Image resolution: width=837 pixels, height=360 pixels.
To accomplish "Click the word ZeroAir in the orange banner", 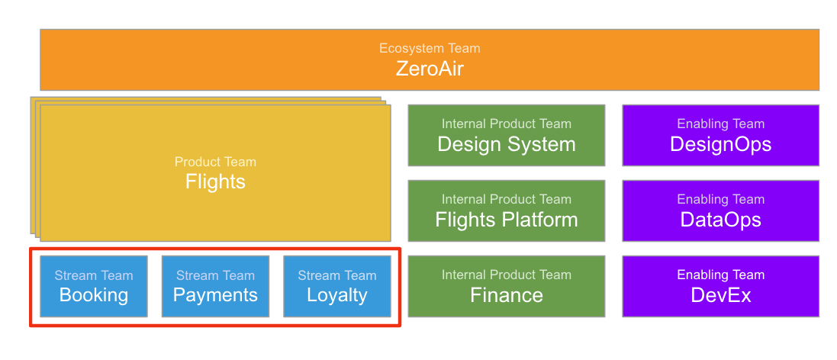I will click(x=430, y=69).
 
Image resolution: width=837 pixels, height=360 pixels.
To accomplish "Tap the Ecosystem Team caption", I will click(x=430, y=48).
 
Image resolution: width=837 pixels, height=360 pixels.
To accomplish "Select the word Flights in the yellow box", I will click(x=215, y=182).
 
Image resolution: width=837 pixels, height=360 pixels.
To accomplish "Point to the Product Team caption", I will click(x=215, y=162).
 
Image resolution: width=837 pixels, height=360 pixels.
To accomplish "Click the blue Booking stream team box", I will click(x=94, y=286).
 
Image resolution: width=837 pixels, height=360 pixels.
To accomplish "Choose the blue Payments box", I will click(x=215, y=286).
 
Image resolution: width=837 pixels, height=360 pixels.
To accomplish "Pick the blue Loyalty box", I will click(x=337, y=286).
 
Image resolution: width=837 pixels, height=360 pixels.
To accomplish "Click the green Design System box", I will click(x=507, y=135).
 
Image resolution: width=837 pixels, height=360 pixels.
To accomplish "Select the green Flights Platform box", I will click(x=507, y=211).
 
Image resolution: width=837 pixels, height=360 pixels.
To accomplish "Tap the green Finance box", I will click(x=507, y=286).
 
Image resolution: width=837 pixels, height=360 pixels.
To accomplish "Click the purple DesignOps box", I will click(x=721, y=135).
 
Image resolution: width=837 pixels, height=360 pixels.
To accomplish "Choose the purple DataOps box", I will click(x=721, y=211).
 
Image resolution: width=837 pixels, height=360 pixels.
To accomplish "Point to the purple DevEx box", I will click(x=721, y=286).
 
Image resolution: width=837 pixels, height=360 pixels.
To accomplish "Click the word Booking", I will click(x=94, y=296).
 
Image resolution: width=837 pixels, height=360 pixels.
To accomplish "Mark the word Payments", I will click(x=215, y=296).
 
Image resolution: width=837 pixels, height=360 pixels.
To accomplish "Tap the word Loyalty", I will click(x=337, y=296).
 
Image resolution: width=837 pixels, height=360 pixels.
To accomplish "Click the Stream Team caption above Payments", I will click(x=215, y=275).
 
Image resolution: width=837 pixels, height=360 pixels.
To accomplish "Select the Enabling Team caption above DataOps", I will click(x=721, y=199).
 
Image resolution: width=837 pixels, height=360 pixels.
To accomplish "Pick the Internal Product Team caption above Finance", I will click(x=507, y=275).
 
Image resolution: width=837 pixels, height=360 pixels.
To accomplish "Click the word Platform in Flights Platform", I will click(x=538, y=220).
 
